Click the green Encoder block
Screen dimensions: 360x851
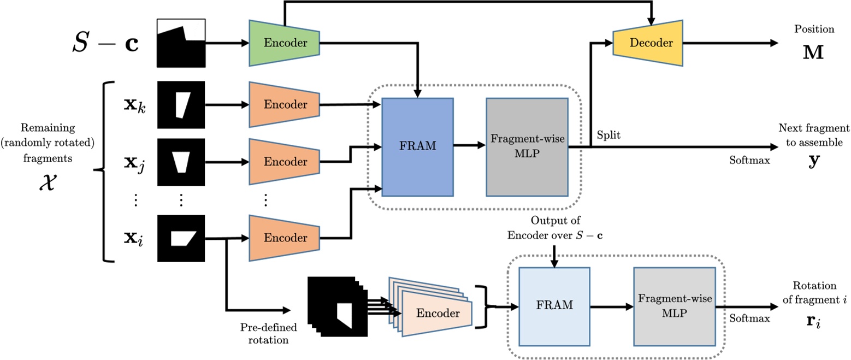[x=284, y=43]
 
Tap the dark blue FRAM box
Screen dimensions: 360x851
[x=418, y=146]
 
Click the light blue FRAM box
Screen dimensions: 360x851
[x=554, y=305]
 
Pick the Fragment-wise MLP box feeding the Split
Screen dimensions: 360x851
[x=526, y=146]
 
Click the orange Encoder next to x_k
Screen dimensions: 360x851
[x=284, y=105]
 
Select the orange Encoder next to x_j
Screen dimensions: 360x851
[x=284, y=162]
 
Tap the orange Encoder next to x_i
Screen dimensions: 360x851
[x=284, y=238]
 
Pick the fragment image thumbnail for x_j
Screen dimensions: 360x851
[x=181, y=162]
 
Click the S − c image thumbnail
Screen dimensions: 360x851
[x=181, y=43]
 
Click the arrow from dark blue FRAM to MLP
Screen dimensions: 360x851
[x=469, y=146]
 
